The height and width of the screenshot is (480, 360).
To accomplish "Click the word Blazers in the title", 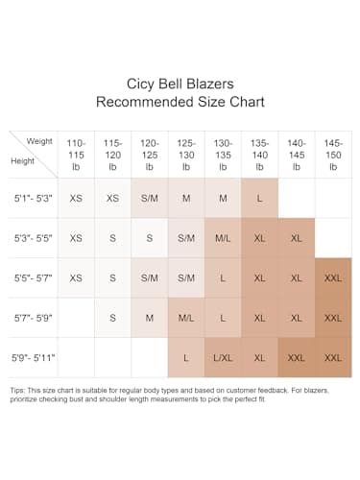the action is pyautogui.click(x=210, y=84).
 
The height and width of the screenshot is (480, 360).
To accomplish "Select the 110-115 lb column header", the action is pyautogui.click(x=76, y=155).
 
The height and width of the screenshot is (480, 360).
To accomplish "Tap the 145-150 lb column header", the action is pyautogui.click(x=333, y=155).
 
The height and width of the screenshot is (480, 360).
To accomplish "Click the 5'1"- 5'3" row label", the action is pyautogui.click(x=33, y=199).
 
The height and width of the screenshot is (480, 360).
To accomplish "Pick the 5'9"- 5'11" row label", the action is pyautogui.click(x=34, y=358).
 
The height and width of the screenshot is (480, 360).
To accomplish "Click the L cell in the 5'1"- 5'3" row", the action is pyautogui.click(x=259, y=199).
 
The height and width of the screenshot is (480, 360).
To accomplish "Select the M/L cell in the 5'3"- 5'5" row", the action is pyautogui.click(x=223, y=238).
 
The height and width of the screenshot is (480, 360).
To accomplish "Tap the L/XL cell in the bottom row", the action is pyautogui.click(x=223, y=358).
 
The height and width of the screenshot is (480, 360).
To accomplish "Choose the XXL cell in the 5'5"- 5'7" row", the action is pyautogui.click(x=333, y=278).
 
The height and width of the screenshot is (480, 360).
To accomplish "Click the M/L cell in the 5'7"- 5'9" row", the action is pyautogui.click(x=186, y=318).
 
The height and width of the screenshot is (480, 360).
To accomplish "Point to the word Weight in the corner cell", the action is pyautogui.click(x=39, y=141).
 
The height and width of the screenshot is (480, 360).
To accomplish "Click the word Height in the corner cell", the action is pyautogui.click(x=22, y=161).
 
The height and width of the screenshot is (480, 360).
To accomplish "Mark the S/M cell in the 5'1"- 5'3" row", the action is pyautogui.click(x=150, y=199).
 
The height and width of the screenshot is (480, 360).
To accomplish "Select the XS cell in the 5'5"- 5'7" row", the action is pyautogui.click(x=76, y=278).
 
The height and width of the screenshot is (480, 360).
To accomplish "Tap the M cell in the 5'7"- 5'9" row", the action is pyautogui.click(x=150, y=318).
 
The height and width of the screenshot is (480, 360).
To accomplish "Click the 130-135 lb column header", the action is pyautogui.click(x=223, y=155).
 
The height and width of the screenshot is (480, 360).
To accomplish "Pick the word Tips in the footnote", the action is pyautogui.click(x=17, y=391).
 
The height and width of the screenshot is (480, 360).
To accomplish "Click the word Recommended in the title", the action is pyautogui.click(x=145, y=102).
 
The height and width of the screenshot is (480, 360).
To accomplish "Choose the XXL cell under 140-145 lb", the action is pyautogui.click(x=297, y=358).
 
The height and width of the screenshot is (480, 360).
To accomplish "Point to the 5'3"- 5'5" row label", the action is pyautogui.click(x=33, y=238).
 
